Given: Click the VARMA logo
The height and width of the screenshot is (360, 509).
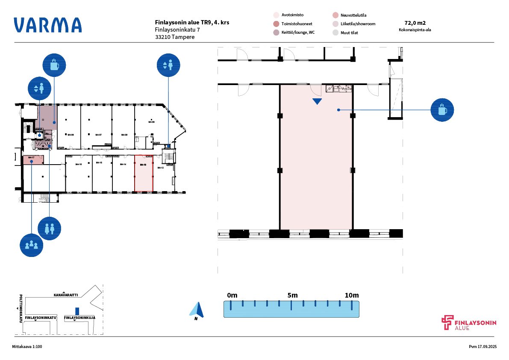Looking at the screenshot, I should point(47,25).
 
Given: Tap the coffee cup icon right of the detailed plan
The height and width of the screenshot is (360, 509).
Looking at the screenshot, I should point(442,110).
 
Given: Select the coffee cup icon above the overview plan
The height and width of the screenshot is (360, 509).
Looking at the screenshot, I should point(54,65).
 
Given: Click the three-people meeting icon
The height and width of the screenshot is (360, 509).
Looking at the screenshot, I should point(32,245).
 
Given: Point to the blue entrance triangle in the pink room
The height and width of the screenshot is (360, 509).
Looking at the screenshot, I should point(317,101).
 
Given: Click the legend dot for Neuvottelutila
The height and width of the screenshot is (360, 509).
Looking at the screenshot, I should point(335,15).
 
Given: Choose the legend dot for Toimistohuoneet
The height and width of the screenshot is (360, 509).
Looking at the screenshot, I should point(276,24).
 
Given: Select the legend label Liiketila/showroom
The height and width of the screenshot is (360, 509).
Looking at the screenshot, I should point(359,24).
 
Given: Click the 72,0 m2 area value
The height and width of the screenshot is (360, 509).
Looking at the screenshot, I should point(415,23).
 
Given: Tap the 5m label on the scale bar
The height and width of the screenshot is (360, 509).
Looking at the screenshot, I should point(292,295).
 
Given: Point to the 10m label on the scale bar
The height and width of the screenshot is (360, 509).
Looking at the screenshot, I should point(352,295).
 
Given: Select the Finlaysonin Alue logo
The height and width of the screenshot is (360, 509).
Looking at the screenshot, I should point(469,323).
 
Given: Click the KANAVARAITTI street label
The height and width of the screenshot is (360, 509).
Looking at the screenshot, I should point(66,295).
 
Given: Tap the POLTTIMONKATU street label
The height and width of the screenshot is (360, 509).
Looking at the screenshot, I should point(21,308).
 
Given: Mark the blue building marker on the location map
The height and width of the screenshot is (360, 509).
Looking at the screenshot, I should point(77,311).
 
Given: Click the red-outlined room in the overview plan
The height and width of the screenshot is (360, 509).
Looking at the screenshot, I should point(144,173).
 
